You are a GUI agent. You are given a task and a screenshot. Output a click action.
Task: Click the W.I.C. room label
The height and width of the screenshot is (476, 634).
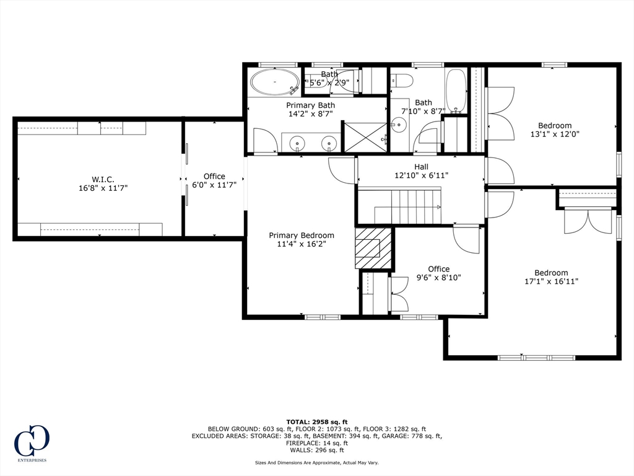[103, 179]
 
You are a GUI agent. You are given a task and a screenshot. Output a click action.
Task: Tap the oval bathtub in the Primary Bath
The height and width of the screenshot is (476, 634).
[275, 82]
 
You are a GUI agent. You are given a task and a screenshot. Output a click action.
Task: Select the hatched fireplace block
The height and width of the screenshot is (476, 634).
[373, 248]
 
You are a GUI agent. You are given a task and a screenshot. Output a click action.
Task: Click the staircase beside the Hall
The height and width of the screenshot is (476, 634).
[408, 205]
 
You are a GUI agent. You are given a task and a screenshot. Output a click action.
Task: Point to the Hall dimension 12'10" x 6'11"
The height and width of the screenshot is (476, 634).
[421, 175]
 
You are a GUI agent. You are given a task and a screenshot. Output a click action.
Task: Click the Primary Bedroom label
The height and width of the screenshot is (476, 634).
[302, 235]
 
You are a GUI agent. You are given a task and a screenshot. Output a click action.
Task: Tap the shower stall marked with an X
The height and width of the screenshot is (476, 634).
[365, 137]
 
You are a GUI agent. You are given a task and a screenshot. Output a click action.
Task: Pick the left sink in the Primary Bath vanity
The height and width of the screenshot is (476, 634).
[298, 143]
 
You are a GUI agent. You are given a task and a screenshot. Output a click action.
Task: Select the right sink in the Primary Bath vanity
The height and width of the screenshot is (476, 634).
[329, 143]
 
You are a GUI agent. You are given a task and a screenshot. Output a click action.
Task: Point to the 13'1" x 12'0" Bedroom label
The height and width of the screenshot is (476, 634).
[555, 130]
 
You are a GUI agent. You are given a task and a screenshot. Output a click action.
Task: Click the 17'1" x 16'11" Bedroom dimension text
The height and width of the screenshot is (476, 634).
[551, 281]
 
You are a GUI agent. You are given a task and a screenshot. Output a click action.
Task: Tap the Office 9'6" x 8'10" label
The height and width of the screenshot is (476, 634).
[439, 273]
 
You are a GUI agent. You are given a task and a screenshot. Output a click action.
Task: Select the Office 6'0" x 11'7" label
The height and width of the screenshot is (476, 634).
[214, 180]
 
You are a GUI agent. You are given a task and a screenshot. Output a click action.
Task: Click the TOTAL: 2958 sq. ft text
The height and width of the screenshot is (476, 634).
[317, 421]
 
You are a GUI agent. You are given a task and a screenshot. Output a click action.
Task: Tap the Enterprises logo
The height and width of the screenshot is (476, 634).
[32, 443]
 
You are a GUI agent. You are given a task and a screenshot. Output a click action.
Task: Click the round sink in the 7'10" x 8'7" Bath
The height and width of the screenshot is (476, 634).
[398, 124]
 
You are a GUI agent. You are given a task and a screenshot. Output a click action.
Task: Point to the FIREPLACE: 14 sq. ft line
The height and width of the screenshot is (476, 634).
[317, 443]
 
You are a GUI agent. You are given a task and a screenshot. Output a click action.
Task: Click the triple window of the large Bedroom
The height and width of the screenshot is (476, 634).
[536, 358]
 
